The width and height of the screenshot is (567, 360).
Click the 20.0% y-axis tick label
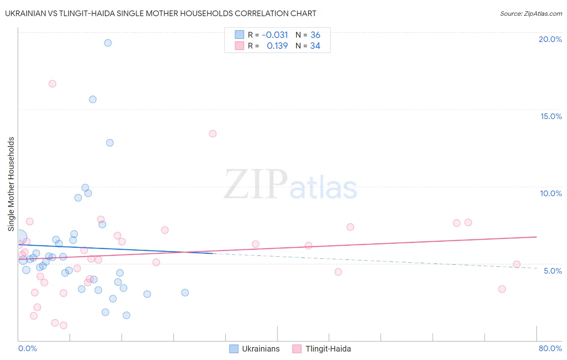tap(550, 39)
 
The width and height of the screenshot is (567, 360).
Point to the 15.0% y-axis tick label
tap(551, 116)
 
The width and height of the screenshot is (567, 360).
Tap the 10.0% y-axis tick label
tap(551, 193)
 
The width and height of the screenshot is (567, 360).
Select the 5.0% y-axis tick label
tap(552, 271)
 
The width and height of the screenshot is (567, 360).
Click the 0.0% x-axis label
tap(27, 348)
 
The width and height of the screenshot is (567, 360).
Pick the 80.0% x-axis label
tap(550, 348)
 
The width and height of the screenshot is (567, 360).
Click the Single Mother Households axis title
tap(11, 184)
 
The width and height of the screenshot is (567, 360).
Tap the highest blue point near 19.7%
tap(108, 43)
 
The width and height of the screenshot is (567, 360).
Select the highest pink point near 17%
tap(52, 84)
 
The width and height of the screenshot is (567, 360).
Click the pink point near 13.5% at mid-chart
tap(213, 134)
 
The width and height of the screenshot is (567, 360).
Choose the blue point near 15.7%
tap(93, 99)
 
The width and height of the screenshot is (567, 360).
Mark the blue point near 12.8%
tap(110, 143)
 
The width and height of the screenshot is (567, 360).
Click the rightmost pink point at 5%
tap(517, 264)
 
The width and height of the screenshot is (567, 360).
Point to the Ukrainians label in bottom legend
tap(261, 349)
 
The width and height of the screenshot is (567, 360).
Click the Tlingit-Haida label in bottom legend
tap(328, 349)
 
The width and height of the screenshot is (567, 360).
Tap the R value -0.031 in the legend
tap(275, 35)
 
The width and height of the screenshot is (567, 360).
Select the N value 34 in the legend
tap(315, 46)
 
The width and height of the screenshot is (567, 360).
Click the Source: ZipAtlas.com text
tap(531, 14)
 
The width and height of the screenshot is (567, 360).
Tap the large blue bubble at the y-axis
tap(19, 238)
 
